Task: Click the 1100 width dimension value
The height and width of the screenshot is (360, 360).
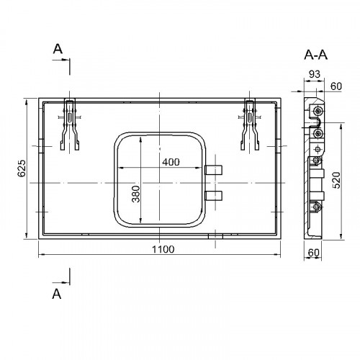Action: pos(163,249)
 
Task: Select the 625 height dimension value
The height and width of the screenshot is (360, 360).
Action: pos(22,168)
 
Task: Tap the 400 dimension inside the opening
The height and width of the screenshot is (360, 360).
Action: pos(171,162)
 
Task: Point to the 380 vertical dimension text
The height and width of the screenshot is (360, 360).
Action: pos(136,194)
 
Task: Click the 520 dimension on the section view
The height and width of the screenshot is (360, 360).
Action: pos(337,180)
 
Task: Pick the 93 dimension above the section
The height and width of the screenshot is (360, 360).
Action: pos(315,74)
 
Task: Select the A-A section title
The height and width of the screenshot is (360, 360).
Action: pos(315,55)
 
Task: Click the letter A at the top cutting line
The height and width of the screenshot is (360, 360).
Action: pos(58,49)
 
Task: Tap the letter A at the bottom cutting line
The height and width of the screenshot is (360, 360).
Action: pos(57,294)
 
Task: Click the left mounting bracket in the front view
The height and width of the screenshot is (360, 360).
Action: pos(70,125)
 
